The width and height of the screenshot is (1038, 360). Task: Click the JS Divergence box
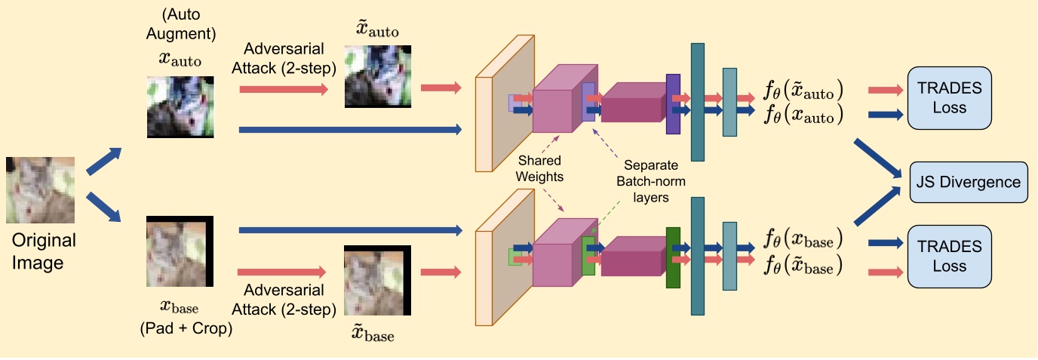pyautogui.click(x=969, y=182)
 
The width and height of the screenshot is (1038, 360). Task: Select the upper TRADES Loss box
pyautogui.click(x=949, y=97)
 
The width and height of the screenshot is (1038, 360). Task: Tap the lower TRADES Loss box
pyautogui.click(x=949, y=256)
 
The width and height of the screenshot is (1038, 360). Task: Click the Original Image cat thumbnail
pyautogui.click(x=40, y=189)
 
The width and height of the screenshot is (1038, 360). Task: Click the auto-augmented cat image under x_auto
pyautogui.click(x=180, y=106)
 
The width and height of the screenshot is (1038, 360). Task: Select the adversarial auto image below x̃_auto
pyautogui.click(x=377, y=76)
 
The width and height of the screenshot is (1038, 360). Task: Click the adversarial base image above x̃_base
pyautogui.click(x=377, y=280)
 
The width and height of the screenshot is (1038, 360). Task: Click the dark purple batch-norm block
pyautogui.click(x=673, y=104)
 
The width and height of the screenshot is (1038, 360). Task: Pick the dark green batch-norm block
pyautogui.click(x=673, y=257)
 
